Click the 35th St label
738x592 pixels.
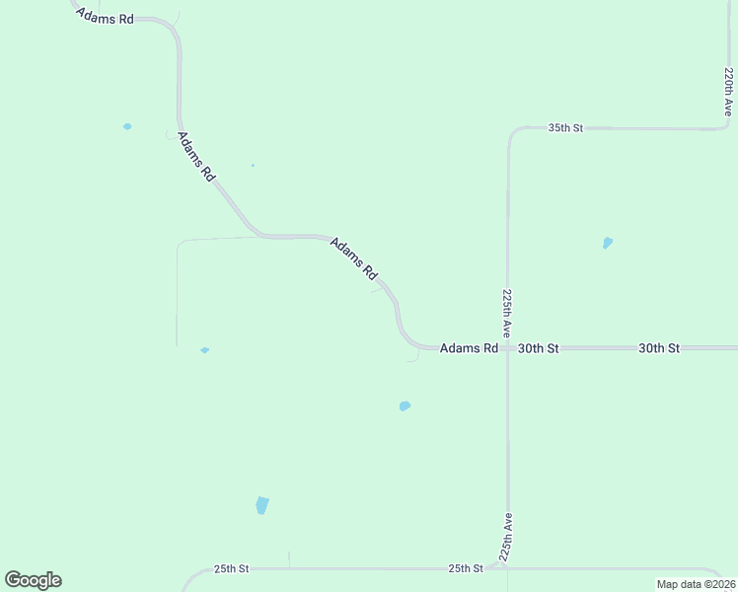[566, 128]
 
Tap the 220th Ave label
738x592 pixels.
[728, 92]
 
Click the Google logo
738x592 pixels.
[33, 580]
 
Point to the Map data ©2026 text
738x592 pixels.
[696, 584]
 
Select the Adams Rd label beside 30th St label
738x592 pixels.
[469, 348]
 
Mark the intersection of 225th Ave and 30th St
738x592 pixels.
[507, 348]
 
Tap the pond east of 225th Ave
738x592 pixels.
[607, 243]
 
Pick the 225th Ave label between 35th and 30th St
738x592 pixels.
[507, 313]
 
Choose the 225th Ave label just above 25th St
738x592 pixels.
[506, 536]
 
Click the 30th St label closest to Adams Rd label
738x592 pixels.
[539, 348]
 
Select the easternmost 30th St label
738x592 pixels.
[659, 348]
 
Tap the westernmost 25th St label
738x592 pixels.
[231, 569]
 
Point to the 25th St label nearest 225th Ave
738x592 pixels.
[466, 568]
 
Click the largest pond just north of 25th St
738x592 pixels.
[261, 505]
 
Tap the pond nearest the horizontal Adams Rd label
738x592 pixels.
[405, 406]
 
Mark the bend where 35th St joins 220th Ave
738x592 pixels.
[726, 125]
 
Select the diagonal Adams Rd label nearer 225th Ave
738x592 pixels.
[353, 257]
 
